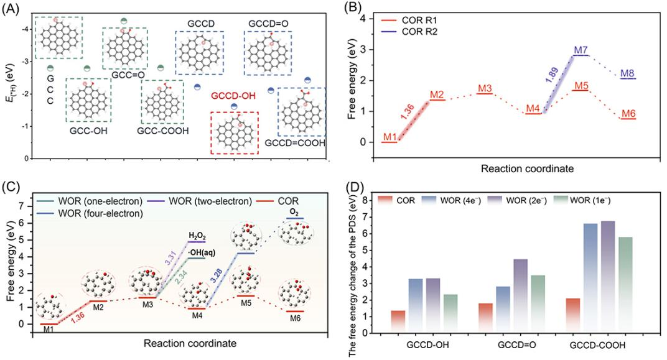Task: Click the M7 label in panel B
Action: (581, 50)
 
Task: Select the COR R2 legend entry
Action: (411, 32)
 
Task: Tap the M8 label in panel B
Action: (627, 73)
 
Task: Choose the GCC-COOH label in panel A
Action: (162, 131)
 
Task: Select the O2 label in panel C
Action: (294, 212)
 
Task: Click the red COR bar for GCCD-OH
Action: (398, 321)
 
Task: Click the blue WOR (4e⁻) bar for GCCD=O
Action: (503, 310)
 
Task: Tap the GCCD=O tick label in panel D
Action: (516, 345)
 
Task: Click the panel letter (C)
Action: (9, 187)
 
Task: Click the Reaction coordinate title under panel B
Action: (527, 168)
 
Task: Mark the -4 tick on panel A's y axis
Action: (24, 29)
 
